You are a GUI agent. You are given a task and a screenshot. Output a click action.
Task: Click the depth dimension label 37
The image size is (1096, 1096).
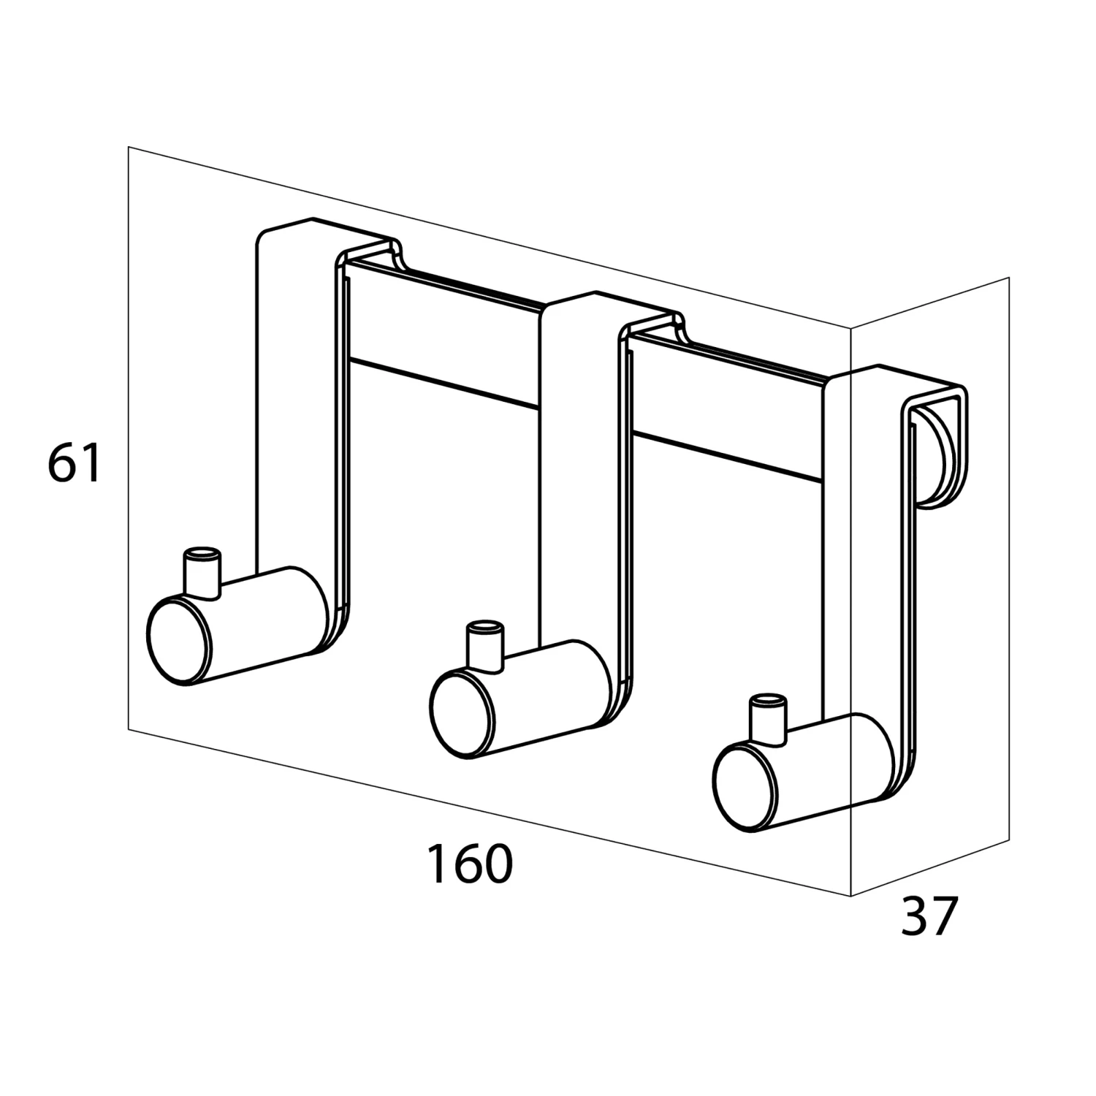click(928, 916)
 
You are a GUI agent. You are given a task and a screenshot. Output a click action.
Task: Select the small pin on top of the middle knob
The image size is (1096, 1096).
click(485, 643)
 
